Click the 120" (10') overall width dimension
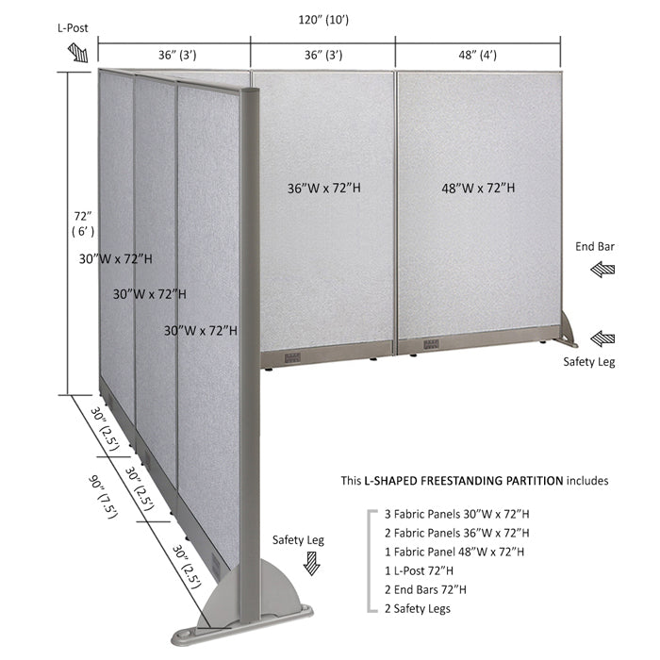coord(323,20)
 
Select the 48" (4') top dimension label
coord(477,55)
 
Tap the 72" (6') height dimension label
coord(83,223)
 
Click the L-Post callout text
coord(73,28)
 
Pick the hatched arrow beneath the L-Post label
coord(78,53)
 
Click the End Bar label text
coord(595,247)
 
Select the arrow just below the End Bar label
coord(602,270)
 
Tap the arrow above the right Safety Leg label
coord(602,338)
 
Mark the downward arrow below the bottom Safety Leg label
coord(312,564)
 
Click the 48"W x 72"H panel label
coord(478,188)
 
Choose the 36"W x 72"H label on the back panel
coord(324,188)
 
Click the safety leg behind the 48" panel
coord(568,330)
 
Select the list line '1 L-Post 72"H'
coord(419,570)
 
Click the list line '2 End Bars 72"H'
coord(425,589)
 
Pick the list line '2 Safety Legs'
coord(417,609)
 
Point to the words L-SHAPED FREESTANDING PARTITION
coord(464,481)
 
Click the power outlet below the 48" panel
coord(431,344)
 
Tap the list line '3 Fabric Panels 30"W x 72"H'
coord(456,514)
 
